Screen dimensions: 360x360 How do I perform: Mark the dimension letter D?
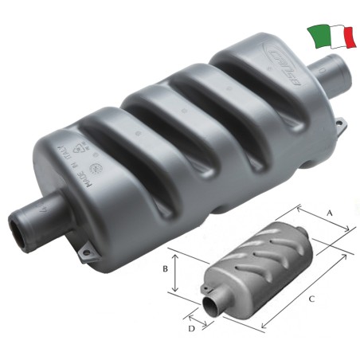tap(192, 327)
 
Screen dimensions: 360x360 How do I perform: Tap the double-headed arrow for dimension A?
tap(324, 218)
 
